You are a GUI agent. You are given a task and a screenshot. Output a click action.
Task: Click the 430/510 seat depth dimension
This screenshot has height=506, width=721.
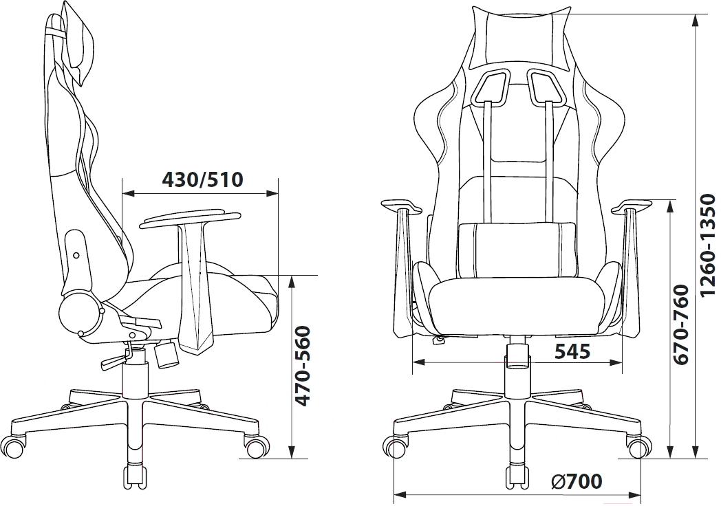[x=202, y=179]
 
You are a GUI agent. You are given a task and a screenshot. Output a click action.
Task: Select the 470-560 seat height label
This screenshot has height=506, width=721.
[x=303, y=366]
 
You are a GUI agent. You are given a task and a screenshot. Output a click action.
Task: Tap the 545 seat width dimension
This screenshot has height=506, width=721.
[x=572, y=351]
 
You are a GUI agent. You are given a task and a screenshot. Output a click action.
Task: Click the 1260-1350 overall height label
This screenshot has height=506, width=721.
[x=708, y=245]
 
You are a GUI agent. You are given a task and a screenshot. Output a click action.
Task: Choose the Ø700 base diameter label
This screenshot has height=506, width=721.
[x=576, y=481]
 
